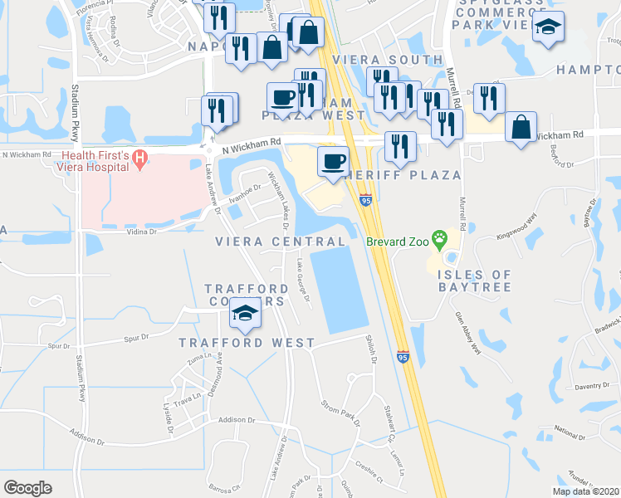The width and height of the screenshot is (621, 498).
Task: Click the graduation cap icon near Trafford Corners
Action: pos(246,314)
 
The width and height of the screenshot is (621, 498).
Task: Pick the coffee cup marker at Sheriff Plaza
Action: pos(334,160)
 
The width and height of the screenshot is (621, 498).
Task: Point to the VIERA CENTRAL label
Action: pos(280,242)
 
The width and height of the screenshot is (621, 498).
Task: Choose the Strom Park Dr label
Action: pos(340,413)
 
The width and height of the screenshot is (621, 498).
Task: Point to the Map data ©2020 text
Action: pos(586,491)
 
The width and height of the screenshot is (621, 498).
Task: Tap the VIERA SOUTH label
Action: pos(388,60)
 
